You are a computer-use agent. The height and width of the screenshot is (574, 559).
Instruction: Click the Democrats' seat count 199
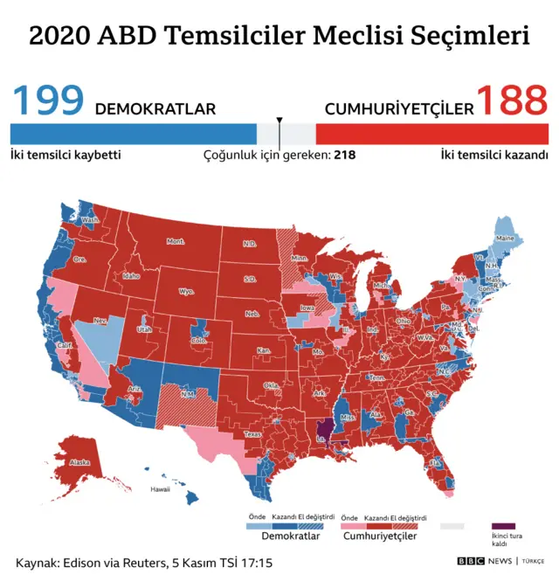pyautogui.click(x=48, y=102)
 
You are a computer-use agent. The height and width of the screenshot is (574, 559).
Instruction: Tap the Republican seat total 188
pyautogui.click(x=513, y=102)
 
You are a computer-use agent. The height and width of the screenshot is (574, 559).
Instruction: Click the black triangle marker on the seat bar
pyautogui.click(x=279, y=121)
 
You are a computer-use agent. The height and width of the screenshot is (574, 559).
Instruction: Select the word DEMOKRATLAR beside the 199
pyautogui.click(x=155, y=109)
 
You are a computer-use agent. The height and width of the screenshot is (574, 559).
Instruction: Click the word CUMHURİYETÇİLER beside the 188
pyautogui.click(x=399, y=109)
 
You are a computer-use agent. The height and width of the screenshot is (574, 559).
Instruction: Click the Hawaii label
pyautogui.click(x=160, y=489)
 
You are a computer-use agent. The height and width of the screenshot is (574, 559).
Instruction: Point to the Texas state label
pyautogui.click(x=252, y=433)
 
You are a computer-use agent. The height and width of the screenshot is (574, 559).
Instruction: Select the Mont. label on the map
pyautogui.click(x=176, y=241)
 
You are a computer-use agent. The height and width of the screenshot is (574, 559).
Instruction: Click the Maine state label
pyautogui.click(x=505, y=238)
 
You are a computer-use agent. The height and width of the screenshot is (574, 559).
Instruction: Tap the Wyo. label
pyautogui.click(x=185, y=292)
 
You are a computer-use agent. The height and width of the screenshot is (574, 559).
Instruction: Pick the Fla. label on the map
pyautogui.click(x=436, y=463)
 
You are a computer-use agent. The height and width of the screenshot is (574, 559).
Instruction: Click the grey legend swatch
pyautogui.click(x=452, y=526)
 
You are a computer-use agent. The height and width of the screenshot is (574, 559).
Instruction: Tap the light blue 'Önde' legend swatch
pyautogui.click(x=254, y=526)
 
